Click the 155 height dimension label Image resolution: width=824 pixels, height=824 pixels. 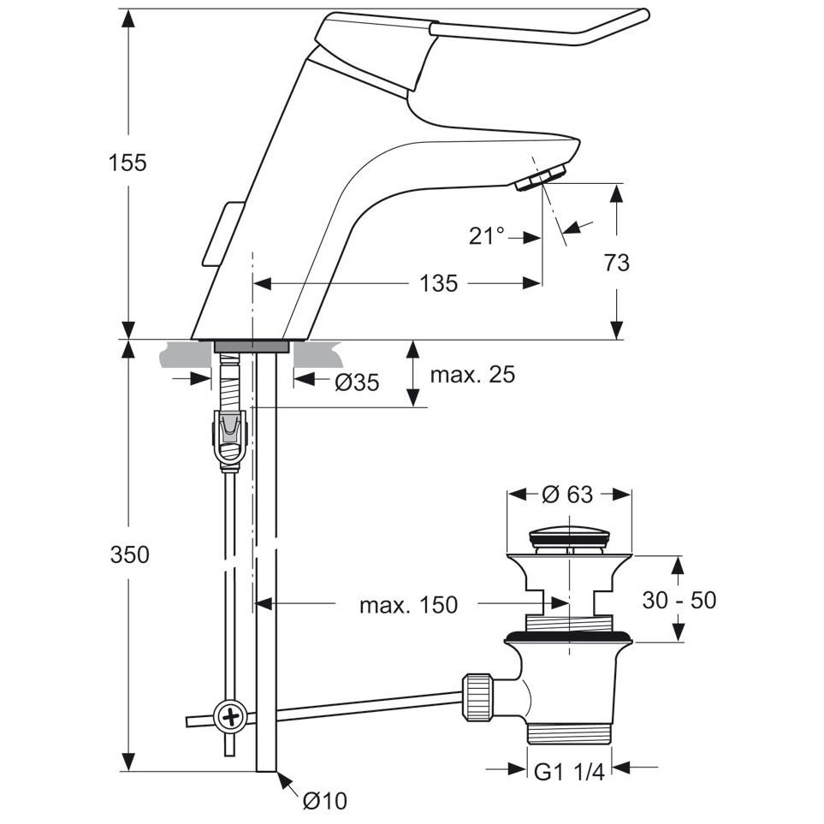(127, 163)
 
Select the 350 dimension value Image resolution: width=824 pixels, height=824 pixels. (129, 554)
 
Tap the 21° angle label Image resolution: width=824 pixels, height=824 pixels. (487, 236)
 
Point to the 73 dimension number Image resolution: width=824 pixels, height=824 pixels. (616, 263)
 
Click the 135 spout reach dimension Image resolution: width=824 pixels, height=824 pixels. (438, 283)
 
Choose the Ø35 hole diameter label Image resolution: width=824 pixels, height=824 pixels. (356, 382)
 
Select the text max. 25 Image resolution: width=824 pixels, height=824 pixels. (472, 375)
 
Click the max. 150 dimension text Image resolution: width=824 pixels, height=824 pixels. (408, 606)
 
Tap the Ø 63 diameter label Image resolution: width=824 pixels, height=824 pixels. (568, 494)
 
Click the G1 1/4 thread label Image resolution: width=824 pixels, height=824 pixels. (569, 772)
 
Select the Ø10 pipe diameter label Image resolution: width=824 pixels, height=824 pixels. (324, 801)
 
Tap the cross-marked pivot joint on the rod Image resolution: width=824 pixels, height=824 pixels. (229, 714)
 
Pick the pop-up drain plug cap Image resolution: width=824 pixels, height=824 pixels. (569, 538)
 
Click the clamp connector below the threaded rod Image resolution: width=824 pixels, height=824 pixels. (229, 437)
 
